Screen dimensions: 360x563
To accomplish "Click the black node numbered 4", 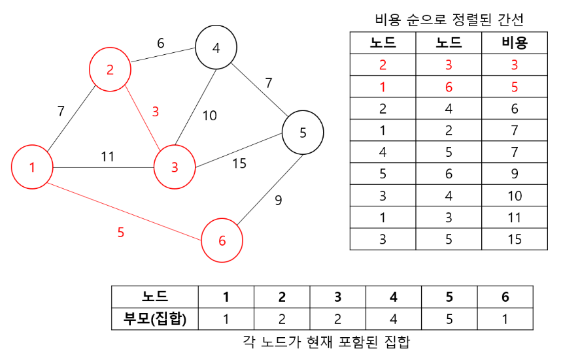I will click(215, 48).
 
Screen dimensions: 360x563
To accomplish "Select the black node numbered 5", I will click(303, 133).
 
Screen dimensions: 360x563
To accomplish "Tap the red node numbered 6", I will click(222, 240).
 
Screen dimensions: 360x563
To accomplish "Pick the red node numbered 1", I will click(32, 167).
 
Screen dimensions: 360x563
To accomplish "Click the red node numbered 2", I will click(110, 69).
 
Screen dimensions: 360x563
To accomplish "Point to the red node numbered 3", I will click(175, 167).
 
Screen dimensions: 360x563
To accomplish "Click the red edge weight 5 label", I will click(120, 232).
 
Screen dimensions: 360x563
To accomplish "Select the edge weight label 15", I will click(239, 163).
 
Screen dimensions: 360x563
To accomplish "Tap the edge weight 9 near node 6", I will click(279, 201).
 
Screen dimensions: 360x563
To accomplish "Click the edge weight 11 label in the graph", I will click(108, 157).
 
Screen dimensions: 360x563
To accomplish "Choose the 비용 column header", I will click(515, 43).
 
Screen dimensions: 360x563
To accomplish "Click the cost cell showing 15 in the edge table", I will click(515, 239).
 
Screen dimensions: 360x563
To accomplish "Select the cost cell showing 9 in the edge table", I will click(515, 174).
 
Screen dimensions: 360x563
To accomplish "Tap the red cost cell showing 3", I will click(515, 65).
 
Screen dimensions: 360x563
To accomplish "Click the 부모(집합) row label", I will click(155, 319).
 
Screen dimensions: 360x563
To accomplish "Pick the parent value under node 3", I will click(337, 319).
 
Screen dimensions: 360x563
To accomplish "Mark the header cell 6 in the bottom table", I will click(505, 297).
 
